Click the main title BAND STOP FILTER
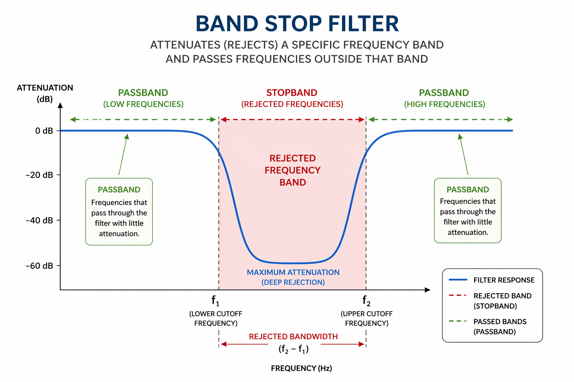pos(297,24)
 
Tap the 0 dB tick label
pos(44,131)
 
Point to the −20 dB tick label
pos(39,175)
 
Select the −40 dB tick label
pos(39,220)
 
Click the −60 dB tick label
pos(39,266)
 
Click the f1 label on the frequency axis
pos(215,301)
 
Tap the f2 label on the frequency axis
pos(366,301)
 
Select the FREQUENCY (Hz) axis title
pos(301,369)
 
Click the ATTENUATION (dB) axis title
pos(45,93)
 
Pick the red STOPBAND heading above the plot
pos(292,93)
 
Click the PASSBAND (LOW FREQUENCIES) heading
pos(143,98)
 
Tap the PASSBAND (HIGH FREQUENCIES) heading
pos(444,98)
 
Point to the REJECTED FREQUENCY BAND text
pos(293,170)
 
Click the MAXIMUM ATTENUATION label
pos(293,273)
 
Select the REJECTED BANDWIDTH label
pos(293,336)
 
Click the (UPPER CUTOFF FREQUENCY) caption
pos(367,319)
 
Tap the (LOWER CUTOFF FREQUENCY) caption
pos(216,319)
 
